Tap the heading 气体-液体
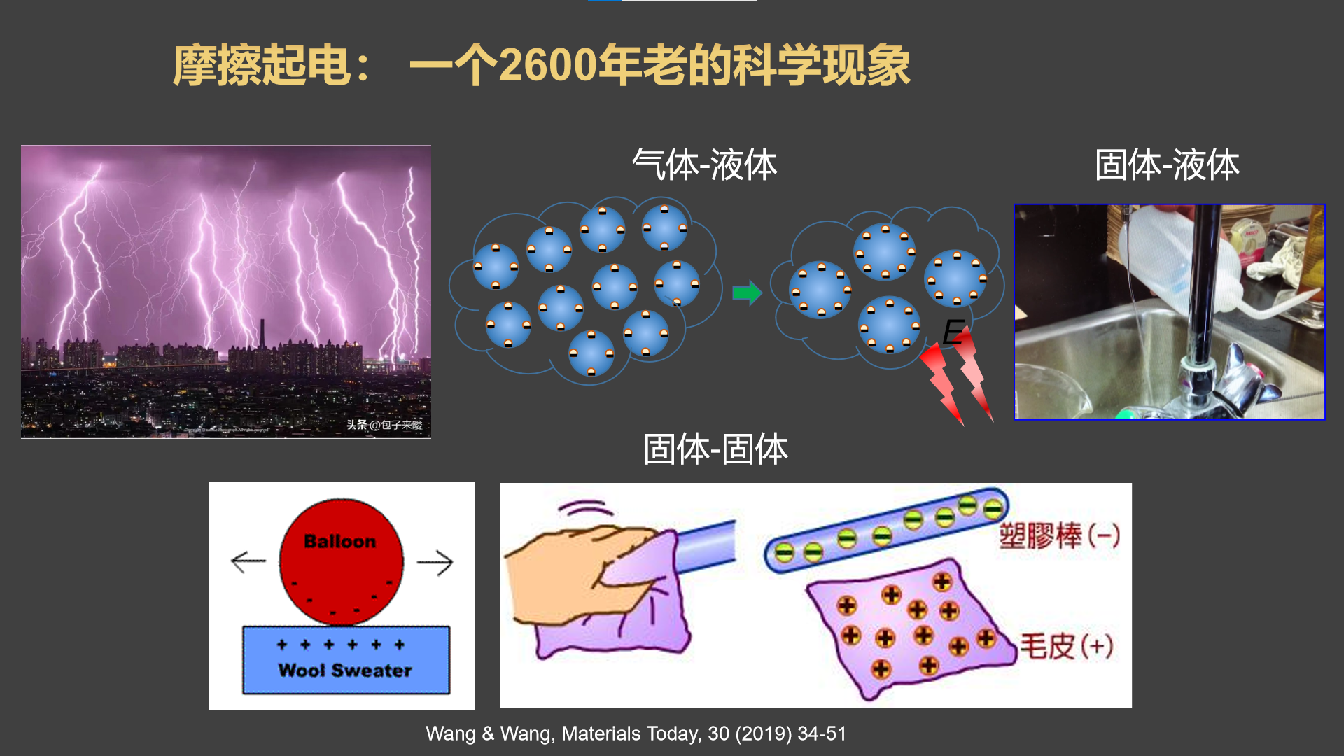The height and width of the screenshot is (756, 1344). (x=704, y=165)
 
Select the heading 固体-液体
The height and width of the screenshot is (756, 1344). (x=1167, y=165)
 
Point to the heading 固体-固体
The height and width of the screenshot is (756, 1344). (x=715, y=449)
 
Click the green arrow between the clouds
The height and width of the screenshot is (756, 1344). (x=747, y=293)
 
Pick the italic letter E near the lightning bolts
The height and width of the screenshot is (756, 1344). (x=953, y=332)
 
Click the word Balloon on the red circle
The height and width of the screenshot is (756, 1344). (x=340, y=541)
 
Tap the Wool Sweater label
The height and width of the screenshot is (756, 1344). (x=345, y=671)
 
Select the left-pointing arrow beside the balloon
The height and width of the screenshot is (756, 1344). (x=248, y=561)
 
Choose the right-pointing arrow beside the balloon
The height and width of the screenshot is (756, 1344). (x=435, y=562)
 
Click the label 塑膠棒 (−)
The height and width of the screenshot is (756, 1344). (x=1058, y=536)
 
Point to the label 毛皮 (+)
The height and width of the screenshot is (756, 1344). (x=1065, y=646)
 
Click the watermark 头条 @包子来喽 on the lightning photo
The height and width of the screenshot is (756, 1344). (x=384, y=425)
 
